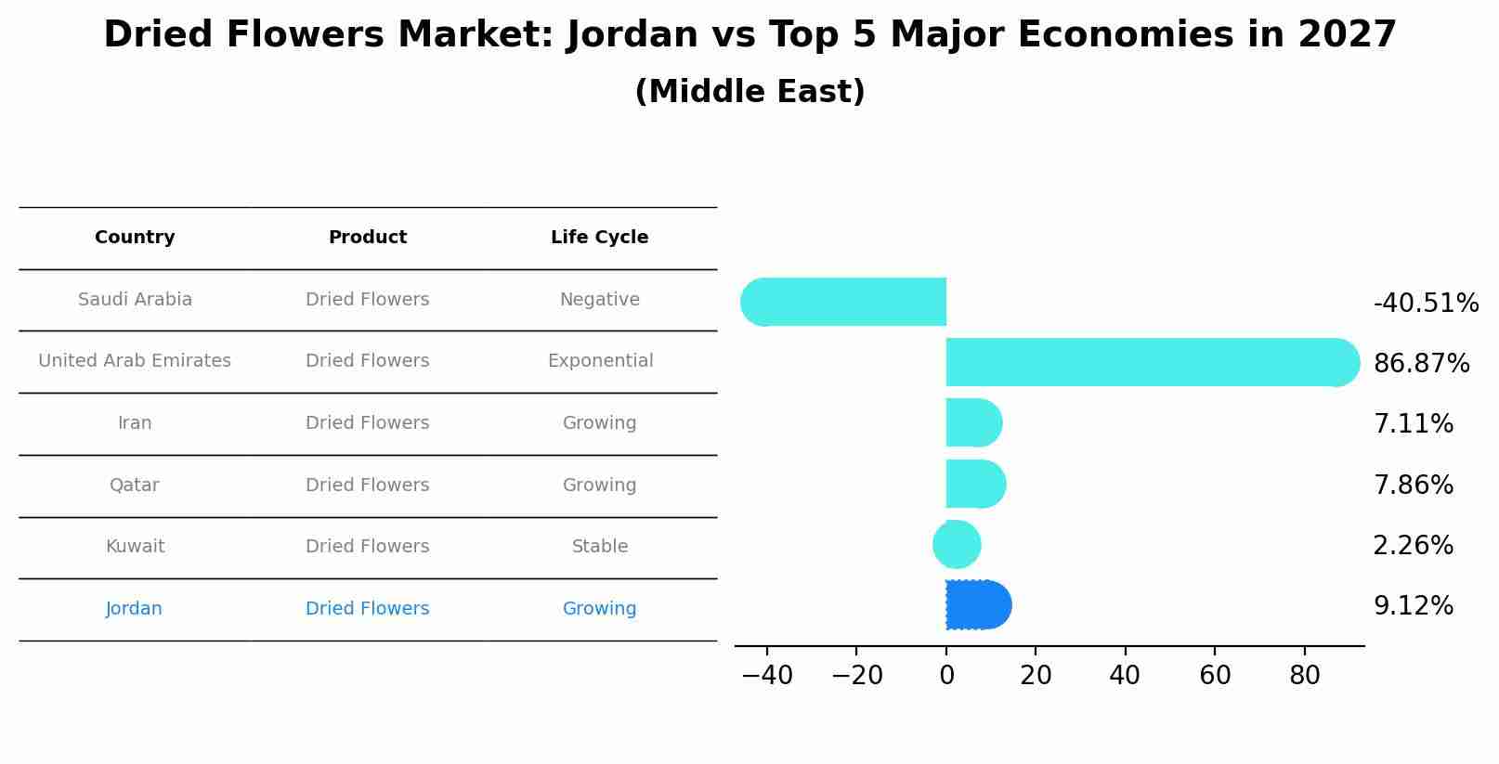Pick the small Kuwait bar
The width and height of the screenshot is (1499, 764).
pyautogui.click(x=957, y=545)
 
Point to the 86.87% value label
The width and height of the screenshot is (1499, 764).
pyautogui.click(x=1421, y=363)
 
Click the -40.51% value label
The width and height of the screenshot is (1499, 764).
pyautogui.click(x=1426, y=303)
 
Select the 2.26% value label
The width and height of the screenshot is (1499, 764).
pyautogui.click(x=1413, y=545)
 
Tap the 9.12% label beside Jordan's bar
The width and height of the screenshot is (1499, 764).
pyautogui.click(x=1413, y=606)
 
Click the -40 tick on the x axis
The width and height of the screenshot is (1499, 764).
pyautogui.click(x=767, y=675)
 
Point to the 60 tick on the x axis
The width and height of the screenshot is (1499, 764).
pyautogui.click(x=1215, y=675)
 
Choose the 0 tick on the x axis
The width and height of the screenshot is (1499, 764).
pyautogui.click(x=946, y=675)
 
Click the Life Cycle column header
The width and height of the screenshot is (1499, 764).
pyautogui.click(x=599, y=238)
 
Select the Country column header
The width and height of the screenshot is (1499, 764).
pyautogui.click(x=135, y=238)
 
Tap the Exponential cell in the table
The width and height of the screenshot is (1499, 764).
pyautogui.click(x=600, y=361)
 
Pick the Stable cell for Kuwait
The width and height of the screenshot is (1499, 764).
pyautogui.click(x=600, y=547)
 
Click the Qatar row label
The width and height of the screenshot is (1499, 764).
pyautogui.click(x=135, y=485)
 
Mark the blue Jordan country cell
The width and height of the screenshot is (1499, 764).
pyautogui.click(x=135, y=609)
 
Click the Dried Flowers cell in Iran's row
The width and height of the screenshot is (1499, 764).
pyautogui.click(x=367, y=423)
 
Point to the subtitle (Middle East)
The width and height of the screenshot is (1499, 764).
pyautogui.click(x=749, y=92)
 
